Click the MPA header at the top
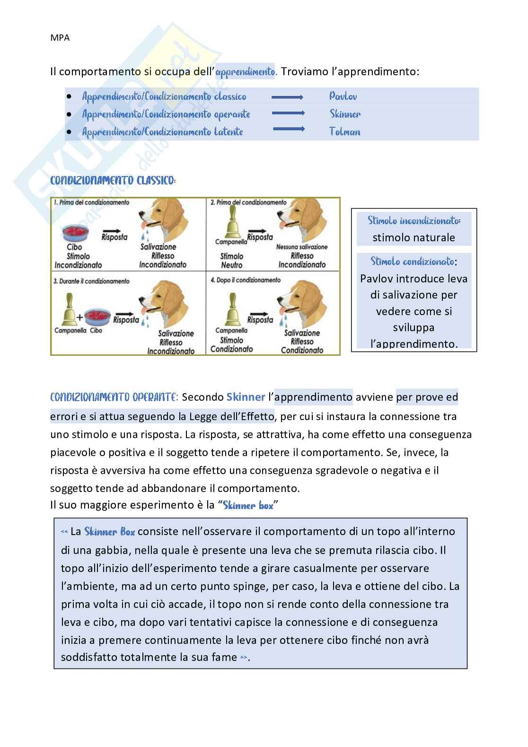60,38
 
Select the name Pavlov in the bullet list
343,97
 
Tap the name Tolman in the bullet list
344,132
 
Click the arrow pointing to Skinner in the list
289,114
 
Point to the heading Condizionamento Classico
113,181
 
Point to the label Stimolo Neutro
231,261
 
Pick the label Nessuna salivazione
302,247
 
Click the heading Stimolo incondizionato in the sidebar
414,221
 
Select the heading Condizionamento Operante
113,397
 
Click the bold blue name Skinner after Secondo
246,397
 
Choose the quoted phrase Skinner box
248,505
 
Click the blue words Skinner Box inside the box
109,532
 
